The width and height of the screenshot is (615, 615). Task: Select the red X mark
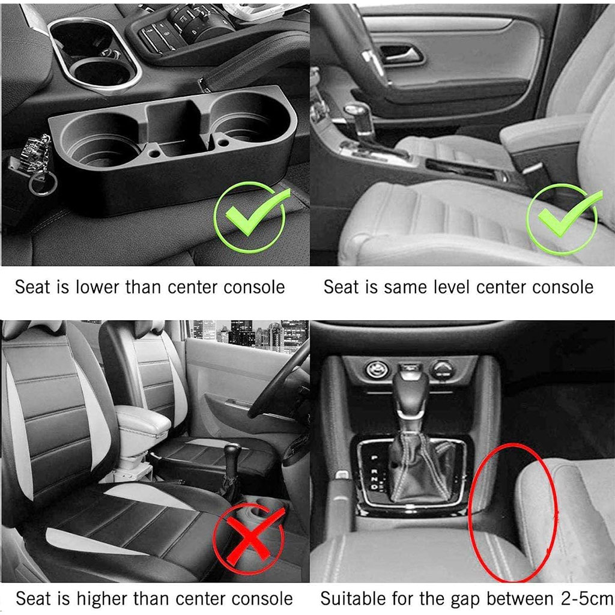(x=249, y=538)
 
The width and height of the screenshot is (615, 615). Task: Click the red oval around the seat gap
(x=512, y=513)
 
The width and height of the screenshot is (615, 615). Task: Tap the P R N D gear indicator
(x=374, y=472)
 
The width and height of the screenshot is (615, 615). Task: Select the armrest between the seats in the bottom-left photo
(x=143, y=421)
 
